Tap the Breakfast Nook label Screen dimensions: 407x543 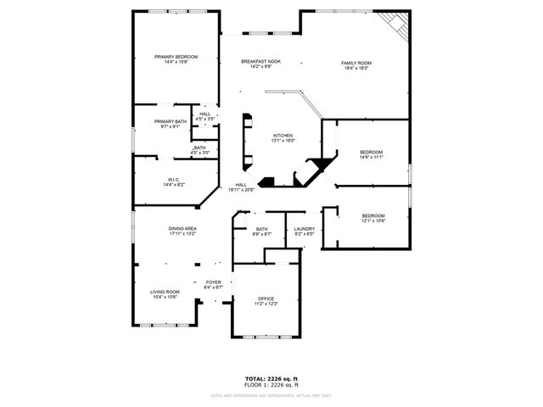260,62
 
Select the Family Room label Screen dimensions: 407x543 356,63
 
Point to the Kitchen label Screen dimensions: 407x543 283,136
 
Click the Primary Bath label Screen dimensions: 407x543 171,121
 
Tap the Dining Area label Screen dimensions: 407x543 182,228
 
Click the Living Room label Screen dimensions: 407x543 165,292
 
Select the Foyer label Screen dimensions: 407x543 213,282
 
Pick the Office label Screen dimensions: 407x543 266,298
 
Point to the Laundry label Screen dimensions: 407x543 305,229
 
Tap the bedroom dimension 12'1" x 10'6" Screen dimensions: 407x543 373,220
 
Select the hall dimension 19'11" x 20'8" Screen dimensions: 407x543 243,190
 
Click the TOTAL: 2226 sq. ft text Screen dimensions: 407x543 271,378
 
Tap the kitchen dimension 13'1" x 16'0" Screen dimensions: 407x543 283,141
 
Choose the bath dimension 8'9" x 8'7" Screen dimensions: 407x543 262,234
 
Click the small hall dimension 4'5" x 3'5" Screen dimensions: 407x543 205,119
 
